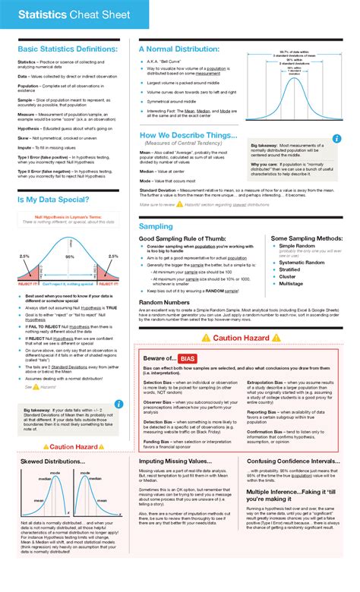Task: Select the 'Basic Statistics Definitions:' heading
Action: tap(68, 49)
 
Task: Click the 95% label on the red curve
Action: tap(70, 257)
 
